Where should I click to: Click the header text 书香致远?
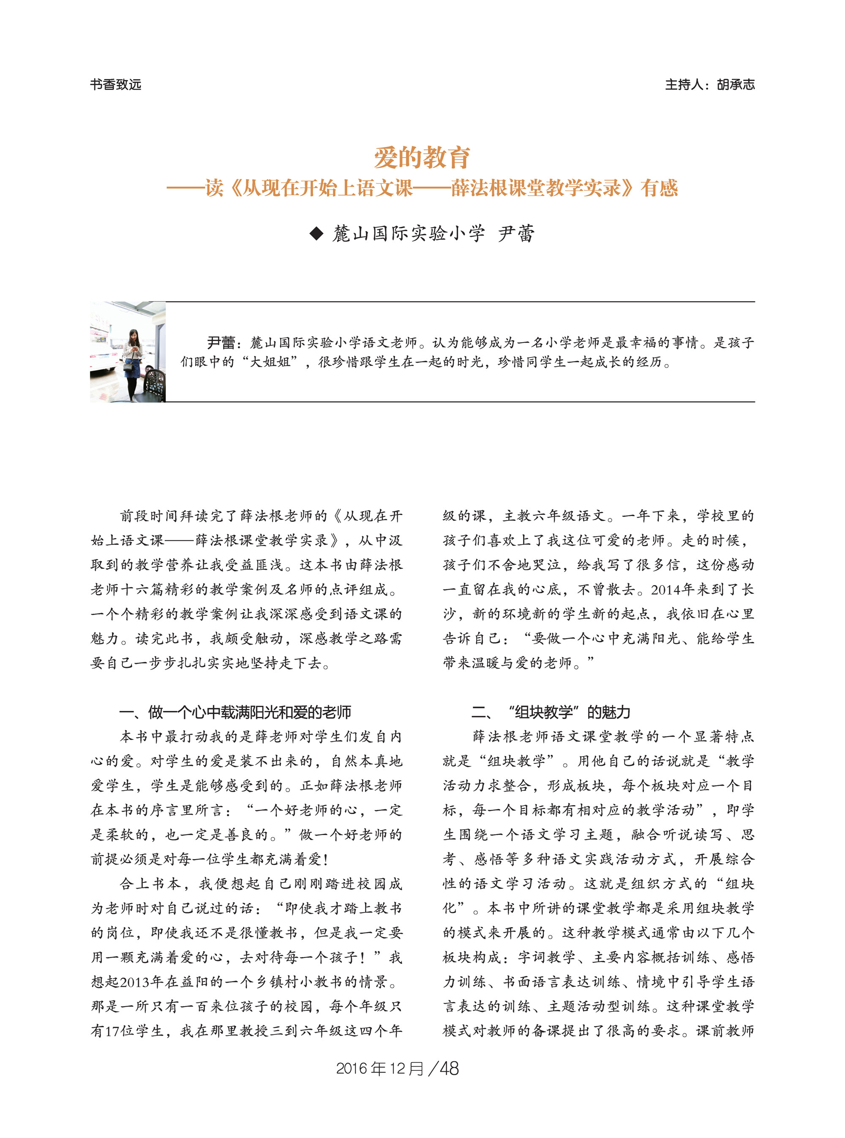click(116, 84)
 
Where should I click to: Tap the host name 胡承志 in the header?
click(736, 84)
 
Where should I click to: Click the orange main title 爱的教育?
click(422, 157)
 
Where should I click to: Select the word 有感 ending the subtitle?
click(660, 188)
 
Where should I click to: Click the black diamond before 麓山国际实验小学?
click(316, 234)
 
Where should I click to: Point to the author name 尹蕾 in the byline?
click(516, 234)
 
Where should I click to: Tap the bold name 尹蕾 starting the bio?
click(221, 342)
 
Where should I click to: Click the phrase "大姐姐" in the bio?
click(270, 362)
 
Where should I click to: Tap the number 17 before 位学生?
click(112, 1031)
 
